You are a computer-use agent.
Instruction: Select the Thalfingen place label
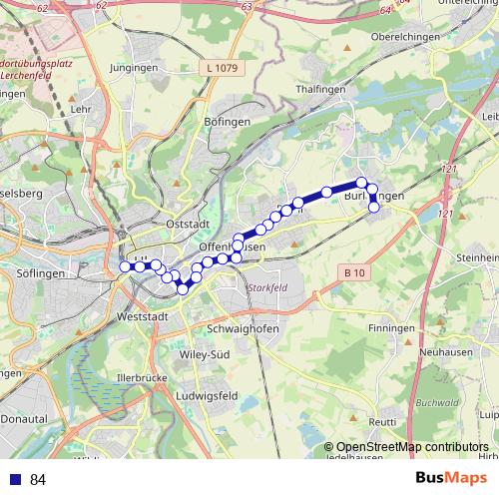[x=320, y=89]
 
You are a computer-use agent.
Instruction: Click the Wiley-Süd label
[x=205, y=353]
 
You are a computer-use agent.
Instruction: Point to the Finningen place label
[x=390, y=327]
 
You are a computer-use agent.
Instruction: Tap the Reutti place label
[x=382, y=421]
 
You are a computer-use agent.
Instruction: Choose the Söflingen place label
[x=41, y=272]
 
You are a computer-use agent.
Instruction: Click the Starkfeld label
[x=265, y=288]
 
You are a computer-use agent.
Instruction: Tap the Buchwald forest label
[x=437, y=404]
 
